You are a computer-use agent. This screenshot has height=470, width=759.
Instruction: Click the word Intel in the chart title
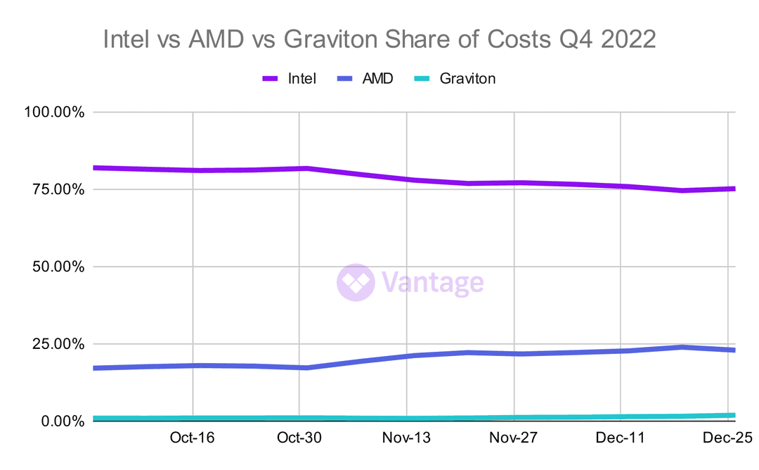pos(127,39)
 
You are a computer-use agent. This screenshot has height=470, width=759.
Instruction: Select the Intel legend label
pos(302,79)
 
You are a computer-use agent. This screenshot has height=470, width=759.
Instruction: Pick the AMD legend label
pos(377,79)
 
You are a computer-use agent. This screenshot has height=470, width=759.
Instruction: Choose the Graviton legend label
pos(467,79)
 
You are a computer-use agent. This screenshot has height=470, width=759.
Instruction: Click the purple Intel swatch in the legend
pos(271,79)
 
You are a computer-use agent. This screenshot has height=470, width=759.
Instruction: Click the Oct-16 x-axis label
pos(193,438)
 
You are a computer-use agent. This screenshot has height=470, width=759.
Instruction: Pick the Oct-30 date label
pos(299,438)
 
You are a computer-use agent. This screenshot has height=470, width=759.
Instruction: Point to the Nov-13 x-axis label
pos(407,438)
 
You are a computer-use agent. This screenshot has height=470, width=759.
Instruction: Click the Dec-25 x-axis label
pos(728,438)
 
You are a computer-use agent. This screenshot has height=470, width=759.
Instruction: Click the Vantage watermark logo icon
pos(356,283)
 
